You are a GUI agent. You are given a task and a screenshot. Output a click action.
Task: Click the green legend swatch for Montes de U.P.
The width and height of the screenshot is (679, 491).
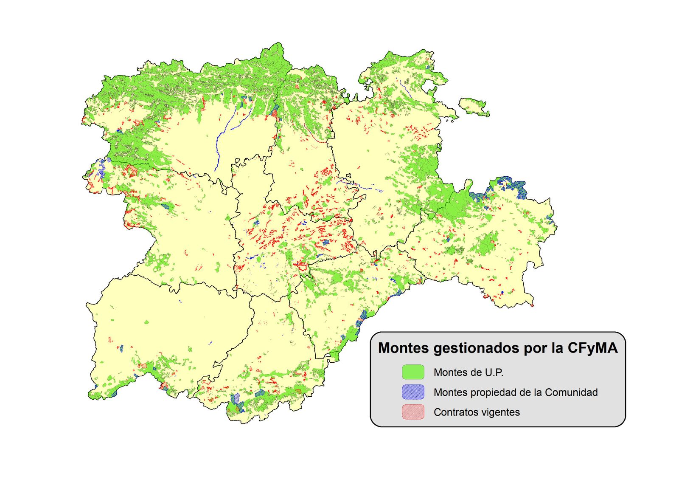413,372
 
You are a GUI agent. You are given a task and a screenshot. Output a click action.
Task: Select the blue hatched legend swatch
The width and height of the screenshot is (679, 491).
413,392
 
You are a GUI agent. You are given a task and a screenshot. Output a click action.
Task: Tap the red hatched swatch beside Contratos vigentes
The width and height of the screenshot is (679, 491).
413,412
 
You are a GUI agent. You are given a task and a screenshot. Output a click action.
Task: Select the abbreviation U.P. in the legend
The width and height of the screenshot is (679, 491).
494,372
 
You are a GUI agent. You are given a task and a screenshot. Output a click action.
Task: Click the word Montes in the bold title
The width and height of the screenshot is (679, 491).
404,348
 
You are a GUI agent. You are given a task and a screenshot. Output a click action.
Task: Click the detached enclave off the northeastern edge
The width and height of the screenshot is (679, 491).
474,107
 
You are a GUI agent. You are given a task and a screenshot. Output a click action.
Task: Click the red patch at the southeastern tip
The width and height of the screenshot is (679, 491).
532,305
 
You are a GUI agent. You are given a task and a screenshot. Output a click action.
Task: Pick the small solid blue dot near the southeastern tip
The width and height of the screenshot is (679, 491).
502,292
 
